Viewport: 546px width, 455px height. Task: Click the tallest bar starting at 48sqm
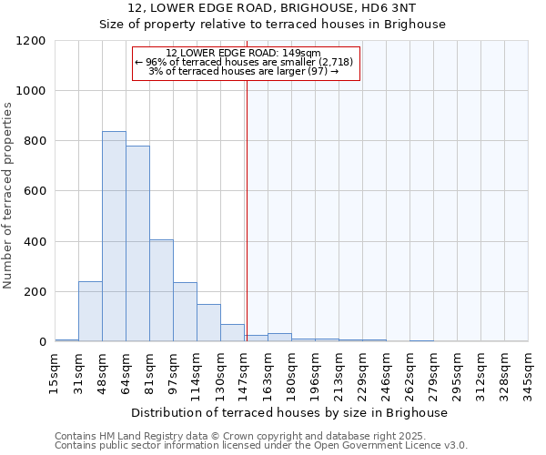click(x=114, y=237)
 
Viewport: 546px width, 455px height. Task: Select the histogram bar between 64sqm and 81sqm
click(x=137, y=244)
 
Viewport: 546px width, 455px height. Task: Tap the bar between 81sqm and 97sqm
click(x=161, y=290)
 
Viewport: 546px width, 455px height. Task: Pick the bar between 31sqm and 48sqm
click(x=90, y=311)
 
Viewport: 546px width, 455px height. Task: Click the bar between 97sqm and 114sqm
click(x=185, y=312)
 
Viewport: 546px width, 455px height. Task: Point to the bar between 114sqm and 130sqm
click(x=208, y=323)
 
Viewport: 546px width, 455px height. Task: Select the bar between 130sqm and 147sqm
click(x=232, y=333)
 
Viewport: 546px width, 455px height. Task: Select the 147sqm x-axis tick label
click(x=245, y=373)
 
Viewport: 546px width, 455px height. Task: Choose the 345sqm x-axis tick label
click(x=529, y=373)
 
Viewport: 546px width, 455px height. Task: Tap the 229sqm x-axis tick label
click(x=363, y=373)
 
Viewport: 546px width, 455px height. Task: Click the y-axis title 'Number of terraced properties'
click(x=8, y=196)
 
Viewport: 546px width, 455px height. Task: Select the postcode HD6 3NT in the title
click(x=393, y=8)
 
